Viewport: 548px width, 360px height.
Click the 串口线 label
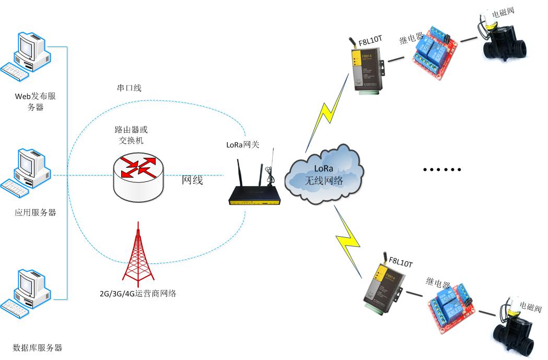tap(129, 88)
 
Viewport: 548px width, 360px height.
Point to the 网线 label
tap(192, 181)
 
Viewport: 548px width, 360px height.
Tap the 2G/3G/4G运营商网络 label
tap(138, 293)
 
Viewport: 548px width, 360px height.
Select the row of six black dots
tap(442, 169)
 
